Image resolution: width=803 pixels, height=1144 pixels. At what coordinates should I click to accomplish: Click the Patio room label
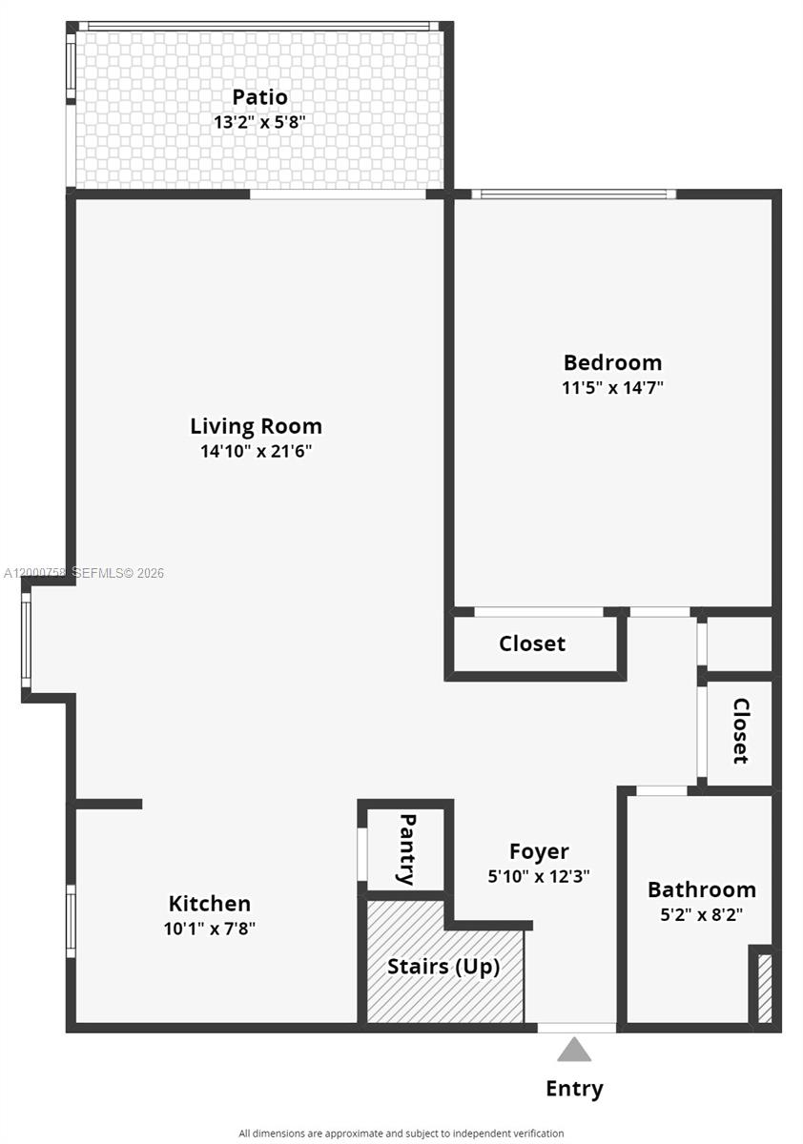point(259,97)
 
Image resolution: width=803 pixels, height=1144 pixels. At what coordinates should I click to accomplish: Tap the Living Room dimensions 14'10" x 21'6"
point(256,451)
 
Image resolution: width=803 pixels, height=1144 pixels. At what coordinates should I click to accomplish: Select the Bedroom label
point(612,362)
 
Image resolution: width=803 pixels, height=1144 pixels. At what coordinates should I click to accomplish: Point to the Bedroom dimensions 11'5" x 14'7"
point(612,387)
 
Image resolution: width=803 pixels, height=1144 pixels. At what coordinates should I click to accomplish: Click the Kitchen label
point(210,903)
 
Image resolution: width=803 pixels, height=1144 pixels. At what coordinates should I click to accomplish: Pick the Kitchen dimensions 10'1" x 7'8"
point(210,928)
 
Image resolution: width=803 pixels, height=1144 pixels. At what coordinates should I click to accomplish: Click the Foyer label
point(539,851)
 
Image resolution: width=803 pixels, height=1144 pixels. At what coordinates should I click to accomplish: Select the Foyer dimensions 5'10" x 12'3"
point(539,877)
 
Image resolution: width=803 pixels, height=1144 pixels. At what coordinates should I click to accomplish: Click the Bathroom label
point(701,889)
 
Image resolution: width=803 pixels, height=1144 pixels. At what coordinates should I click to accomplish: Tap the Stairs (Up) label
point(443,966)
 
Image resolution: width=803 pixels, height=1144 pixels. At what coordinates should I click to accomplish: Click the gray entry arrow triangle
point(574,1050)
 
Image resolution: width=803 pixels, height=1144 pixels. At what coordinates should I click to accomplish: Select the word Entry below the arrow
point(574,1088)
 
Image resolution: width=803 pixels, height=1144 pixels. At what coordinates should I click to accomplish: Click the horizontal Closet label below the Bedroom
point(532,643)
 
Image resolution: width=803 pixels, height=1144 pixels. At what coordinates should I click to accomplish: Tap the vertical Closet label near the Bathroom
point(741,731)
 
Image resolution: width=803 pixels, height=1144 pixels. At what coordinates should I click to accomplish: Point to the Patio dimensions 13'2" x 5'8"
point(259,122)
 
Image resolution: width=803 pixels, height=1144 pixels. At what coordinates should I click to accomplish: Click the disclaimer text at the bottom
point(401,1133)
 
